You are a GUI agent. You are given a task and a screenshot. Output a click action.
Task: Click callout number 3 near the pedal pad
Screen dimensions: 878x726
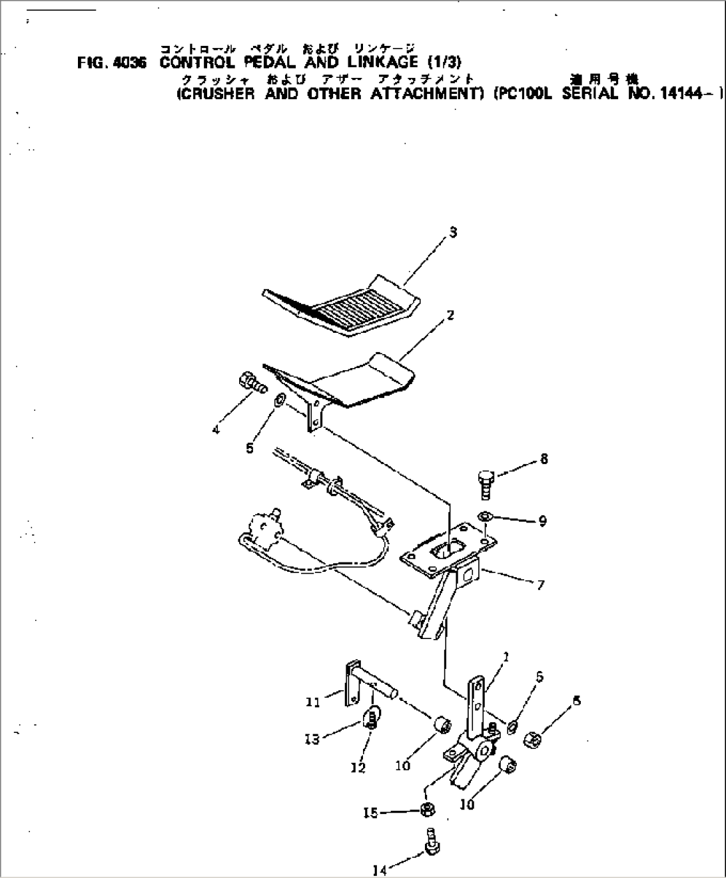(x=453, y=232)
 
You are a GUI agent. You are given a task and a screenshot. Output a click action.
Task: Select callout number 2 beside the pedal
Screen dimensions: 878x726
(x=451, y=316)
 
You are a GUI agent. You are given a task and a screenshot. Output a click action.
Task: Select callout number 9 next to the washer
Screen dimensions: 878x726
(x=543, y=521)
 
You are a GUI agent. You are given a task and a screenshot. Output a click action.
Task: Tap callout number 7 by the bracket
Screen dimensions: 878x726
(x=540, y=585)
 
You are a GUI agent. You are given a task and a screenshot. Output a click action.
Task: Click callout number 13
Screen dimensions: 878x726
(x=312, y=738)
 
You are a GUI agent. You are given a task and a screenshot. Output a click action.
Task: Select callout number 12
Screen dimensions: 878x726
(x=358, y=768)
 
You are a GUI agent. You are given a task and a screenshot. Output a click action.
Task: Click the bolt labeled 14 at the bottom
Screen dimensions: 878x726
(x=430, y=840)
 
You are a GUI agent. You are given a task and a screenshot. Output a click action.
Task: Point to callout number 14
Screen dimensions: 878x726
(x=380, y=868)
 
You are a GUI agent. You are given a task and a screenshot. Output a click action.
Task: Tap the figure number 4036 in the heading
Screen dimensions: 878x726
(x=125, y=63)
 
